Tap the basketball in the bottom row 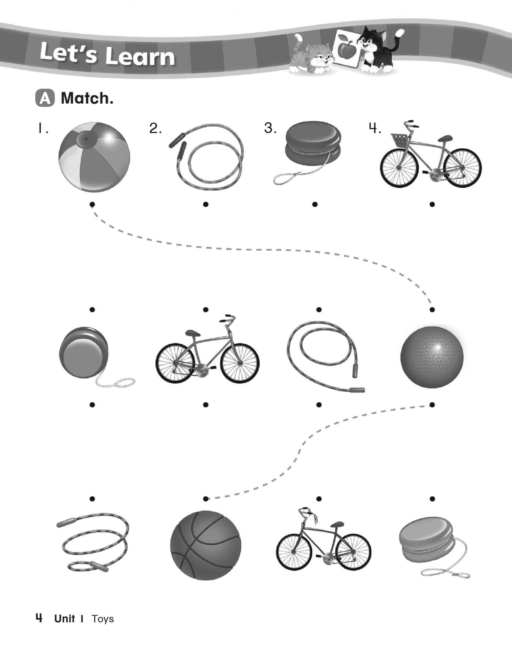tap(206, 545)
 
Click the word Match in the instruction tap(87, 98)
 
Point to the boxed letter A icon tap(45, 98)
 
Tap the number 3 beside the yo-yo tap(270, 128)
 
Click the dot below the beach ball tap(93, 204)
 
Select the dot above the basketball tap(206, 499)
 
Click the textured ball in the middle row tap(432, 356)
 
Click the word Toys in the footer tap(103, 619)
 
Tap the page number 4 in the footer tap(39, 618)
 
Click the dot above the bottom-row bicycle tap(319, 499)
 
